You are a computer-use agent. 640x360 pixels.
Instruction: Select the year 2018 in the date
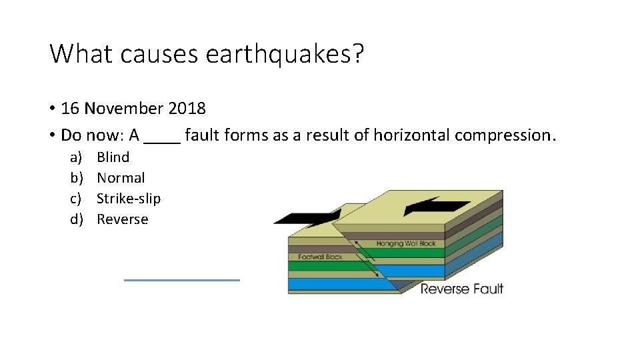(187, 108)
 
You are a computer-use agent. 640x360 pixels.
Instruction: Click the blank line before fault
(162, 136)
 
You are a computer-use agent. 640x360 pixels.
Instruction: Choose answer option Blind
(113, 157)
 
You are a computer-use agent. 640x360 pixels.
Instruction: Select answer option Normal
(121, 178)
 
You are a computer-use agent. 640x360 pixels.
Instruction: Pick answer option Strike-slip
(129, 199)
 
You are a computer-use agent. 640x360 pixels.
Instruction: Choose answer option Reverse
(123, 219)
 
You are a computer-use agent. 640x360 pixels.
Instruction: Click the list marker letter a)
(76, 157)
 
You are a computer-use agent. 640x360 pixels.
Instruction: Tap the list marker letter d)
(76, 219)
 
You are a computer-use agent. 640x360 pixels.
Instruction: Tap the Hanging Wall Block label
(406, 244)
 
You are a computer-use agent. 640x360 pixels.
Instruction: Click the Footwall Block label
(320, 257)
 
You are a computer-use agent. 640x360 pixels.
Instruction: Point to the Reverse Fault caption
(461, 289)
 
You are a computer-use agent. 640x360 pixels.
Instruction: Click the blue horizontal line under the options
(181, 280)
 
